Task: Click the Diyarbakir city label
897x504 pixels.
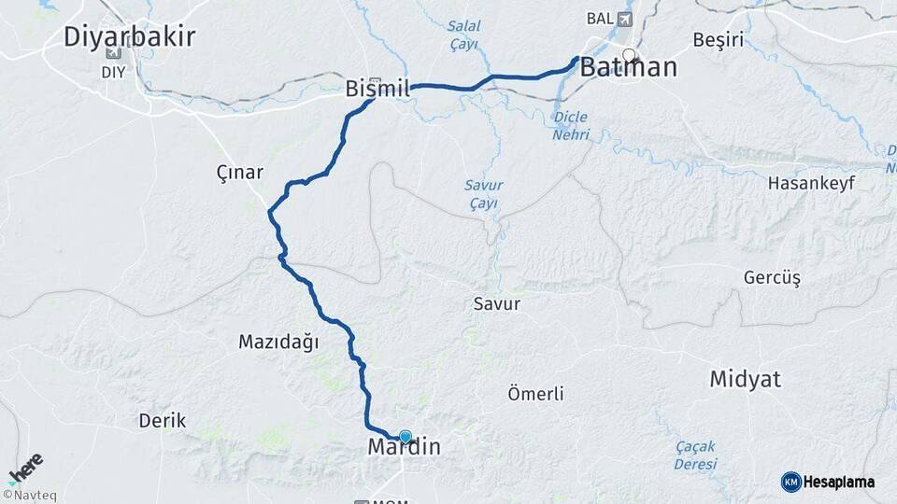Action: point(129,37)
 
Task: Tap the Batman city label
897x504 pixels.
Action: point(628,68)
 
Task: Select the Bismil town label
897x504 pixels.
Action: point(377,90)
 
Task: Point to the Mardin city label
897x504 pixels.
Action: point(404,447)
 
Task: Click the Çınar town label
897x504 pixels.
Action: point(240,173)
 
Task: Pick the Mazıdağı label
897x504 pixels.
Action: point(278,343)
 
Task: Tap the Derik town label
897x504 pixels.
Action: point(163,420)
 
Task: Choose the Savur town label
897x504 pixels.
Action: point(496,303)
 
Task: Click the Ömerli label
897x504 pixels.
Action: point(534,394)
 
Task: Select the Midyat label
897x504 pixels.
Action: point(745,379)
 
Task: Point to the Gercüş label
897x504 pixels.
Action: point(772,278)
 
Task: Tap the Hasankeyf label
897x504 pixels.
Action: point(811,183)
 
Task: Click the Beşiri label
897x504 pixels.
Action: point(719,40)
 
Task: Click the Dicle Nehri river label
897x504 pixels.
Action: point(572,126)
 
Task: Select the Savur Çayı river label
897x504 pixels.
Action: point(483,194)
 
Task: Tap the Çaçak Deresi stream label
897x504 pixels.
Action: point(695,455)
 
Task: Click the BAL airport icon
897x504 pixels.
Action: point(625,19)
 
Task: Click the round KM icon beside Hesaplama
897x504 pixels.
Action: point(791,482)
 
